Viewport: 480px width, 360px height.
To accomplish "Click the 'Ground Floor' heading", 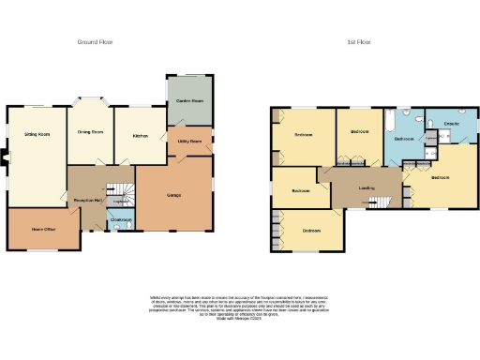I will [x=96, y=42].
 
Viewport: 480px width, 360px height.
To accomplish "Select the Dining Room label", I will [x=90, y=133].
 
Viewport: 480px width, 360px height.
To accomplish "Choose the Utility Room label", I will [x=189, y=142].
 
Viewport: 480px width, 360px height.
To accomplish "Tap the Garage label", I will [x=173, y=194].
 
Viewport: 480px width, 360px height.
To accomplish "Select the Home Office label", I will [x=42, y=229].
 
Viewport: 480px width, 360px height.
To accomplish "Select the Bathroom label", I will [x=404, y=139].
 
